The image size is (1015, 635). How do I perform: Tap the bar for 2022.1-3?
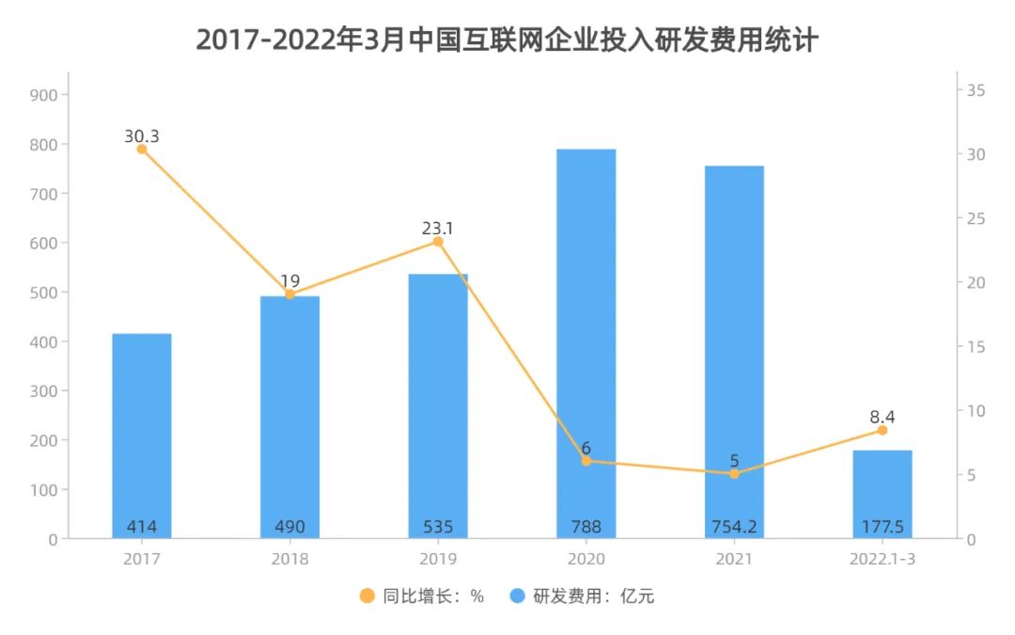point(882,494)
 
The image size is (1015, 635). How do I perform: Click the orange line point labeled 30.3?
point(142,149)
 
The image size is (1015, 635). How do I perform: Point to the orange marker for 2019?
point(438,242)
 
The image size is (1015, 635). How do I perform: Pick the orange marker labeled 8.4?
point(882,430)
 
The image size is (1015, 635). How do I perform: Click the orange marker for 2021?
point(734,473)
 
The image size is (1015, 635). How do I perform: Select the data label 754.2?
point(734,527)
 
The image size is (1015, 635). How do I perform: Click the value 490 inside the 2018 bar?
point(289,527)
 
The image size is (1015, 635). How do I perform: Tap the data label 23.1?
point(438,228)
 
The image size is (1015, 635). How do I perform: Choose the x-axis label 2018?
point(289,560)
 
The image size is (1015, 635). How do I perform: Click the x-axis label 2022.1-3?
point(882,560)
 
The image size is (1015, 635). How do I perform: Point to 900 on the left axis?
point(44,95)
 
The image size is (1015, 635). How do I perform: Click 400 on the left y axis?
point(44,341)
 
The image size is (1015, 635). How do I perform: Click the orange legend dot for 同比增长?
point(367,595)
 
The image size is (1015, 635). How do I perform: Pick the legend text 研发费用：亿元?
point(593,595)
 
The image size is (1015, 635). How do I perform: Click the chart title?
point(507,40)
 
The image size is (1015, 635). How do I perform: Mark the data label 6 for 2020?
point(586,448)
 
